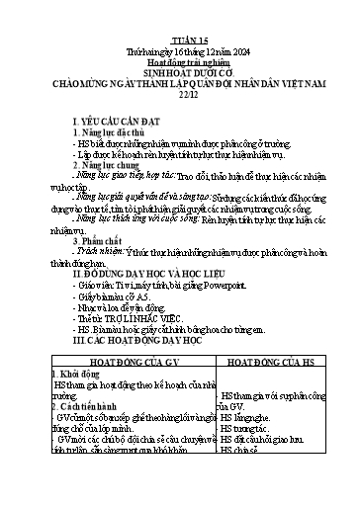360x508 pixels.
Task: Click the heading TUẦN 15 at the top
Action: pyautogui.click(x=179, y=14)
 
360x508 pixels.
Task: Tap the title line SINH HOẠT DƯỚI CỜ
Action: pyautogui.click(x=179, y=49)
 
